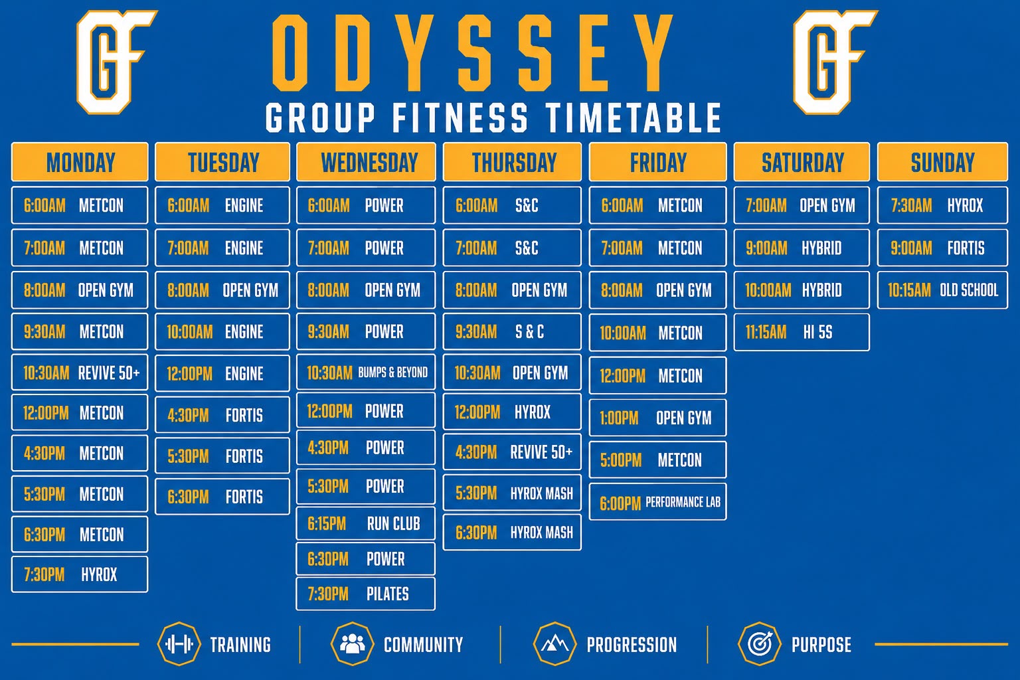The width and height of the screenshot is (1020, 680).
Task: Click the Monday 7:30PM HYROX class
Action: [80, 574]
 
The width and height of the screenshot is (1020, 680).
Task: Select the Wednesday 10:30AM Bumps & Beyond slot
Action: [366, 373]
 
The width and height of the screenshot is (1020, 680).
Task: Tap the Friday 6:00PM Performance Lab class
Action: [657, 502]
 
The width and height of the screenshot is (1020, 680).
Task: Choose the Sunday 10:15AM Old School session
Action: [942, 290]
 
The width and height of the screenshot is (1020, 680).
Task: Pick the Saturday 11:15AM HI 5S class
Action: [802, 332]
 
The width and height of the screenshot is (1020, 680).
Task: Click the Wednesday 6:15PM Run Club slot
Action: [366, 523]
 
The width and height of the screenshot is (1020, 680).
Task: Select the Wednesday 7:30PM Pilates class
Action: [366, 594]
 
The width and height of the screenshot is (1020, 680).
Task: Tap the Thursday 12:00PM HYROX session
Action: [512, 412]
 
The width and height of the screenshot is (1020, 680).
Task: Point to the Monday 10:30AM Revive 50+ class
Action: [80, 373]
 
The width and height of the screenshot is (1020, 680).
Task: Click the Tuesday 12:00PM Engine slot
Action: [222, 373]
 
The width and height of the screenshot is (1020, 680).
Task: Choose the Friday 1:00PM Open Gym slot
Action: [657, 418]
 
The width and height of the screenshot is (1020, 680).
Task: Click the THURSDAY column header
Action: [512, 161]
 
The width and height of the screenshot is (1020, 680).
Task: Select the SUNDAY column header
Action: [942, 161]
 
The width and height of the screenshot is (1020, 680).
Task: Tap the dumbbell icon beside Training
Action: [179, 644]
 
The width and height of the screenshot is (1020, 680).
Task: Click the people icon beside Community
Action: [353, 644]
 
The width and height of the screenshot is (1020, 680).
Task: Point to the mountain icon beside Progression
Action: [555, 644]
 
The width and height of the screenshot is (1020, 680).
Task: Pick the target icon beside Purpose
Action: [760, 644]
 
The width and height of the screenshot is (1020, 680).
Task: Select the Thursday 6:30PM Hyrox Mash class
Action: [512, 533]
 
